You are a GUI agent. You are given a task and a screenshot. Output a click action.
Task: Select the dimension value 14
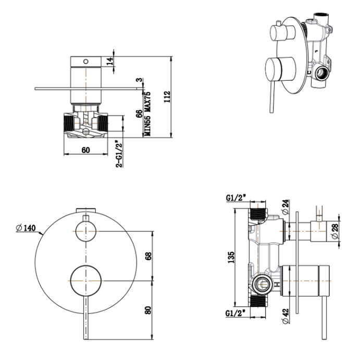[109, 60]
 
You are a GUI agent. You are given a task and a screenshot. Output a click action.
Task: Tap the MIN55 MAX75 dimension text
[147, 114]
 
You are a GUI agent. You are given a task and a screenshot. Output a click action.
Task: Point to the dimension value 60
[86, 151]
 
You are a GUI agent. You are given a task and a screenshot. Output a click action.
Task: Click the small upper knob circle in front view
[86, 230]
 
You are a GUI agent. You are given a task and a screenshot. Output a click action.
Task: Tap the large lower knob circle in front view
[84, 281]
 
